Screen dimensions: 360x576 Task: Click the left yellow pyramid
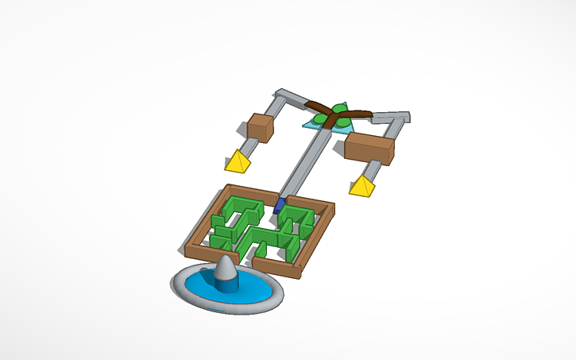tap(236, 162)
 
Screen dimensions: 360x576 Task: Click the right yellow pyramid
tap(362, 187)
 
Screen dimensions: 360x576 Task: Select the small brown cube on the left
tap(259, 127)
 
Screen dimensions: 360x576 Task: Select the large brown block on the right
tap(369, 148)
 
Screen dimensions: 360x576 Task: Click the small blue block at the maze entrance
tap(279, 206)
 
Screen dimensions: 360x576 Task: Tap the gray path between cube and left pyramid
tap(249, 149)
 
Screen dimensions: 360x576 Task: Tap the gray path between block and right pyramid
tap(373, 170)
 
